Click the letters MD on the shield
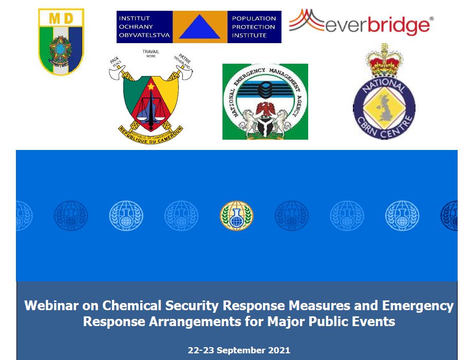coord(61,18)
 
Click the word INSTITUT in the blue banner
coord(135,18)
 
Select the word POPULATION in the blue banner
coord(254,18)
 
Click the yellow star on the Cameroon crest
coord(150,86)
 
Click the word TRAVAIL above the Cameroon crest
coord(150,52)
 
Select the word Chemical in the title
coord(133,306)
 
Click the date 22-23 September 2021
coord(239,350)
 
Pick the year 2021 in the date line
coord(279,350)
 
